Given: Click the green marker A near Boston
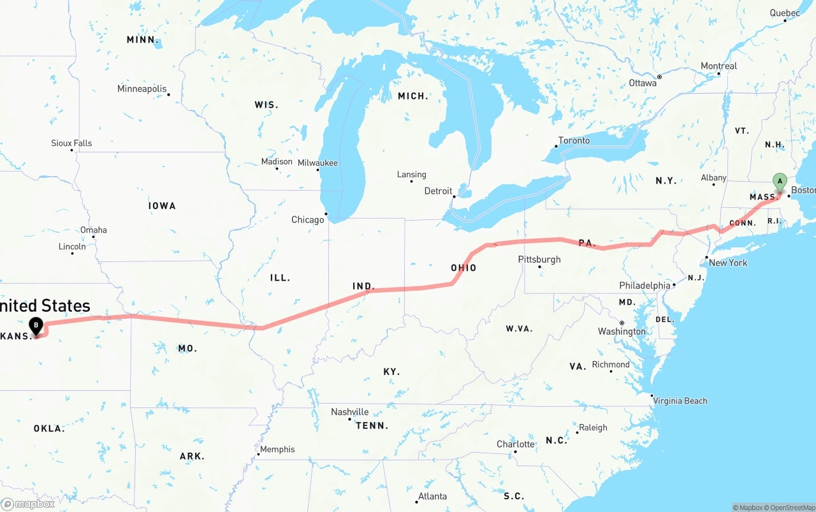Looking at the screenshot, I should [779, 182].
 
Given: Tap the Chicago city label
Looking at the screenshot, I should [308, 220].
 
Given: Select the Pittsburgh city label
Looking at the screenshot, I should [539, 260].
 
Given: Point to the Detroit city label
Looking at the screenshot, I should [439, 191].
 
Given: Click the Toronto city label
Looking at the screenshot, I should [574, 141].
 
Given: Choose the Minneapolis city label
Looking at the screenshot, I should [142, 89].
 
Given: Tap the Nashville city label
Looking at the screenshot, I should [349, 413].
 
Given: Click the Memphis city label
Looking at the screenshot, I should [277, 450].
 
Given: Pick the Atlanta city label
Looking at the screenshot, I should [432, 497].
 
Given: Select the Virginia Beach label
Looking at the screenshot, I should [680, 401].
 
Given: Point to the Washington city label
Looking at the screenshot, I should [622, 332].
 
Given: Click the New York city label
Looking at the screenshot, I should [728, 263].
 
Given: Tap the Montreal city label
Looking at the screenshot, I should [718, 66].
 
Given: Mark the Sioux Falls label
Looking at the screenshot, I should [71, 143].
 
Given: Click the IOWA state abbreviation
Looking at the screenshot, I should [162, 206].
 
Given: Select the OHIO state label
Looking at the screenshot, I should [463, 268].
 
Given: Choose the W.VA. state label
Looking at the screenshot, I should [520, 329].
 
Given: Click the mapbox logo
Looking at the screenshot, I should [28, 504].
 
